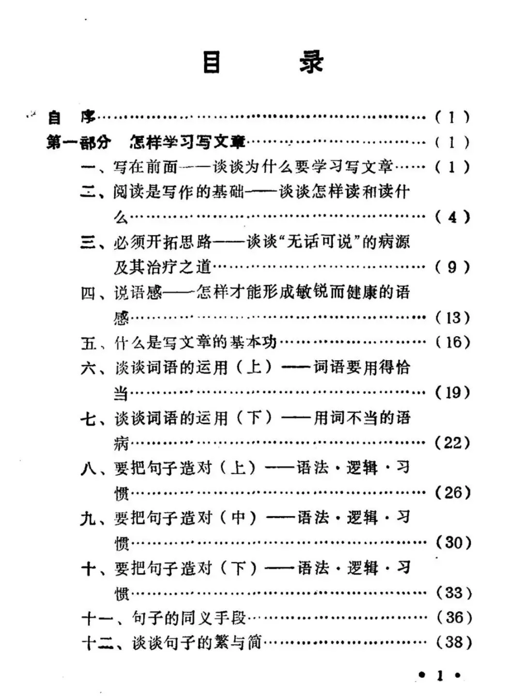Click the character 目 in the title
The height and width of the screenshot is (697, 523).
point(212,62)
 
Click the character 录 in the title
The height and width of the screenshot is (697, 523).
point(311,62)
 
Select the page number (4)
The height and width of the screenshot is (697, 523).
point(452,217)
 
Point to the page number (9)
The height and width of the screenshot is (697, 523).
point(452,267)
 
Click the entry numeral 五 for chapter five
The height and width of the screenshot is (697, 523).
point(88,343)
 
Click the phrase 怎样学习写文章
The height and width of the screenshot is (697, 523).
point(187,142)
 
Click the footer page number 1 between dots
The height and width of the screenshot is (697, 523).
point(440,675)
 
